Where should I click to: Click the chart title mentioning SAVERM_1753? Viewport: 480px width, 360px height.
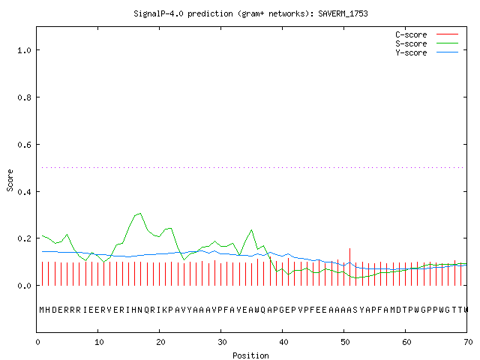tap(250, 13)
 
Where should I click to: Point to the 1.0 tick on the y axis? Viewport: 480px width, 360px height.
tap(24, 50)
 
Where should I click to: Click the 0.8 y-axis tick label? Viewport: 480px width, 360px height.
tap(24, 97)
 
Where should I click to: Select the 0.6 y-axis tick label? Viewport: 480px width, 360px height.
tap(24, 145)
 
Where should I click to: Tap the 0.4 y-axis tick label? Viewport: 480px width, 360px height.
tap(24, 192)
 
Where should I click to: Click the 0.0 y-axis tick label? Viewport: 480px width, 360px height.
tap(24, 286)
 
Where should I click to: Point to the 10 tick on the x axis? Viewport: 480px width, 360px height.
tap(98, 342)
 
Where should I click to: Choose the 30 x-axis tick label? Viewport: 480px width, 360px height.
tap(222, 342)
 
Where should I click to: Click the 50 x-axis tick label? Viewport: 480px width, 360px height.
tap(345, 342)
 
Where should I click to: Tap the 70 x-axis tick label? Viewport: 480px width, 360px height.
tap(468, 342)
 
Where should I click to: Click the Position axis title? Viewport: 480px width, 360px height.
tap(250, 355)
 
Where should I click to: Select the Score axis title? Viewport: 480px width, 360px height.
tap(10, 180)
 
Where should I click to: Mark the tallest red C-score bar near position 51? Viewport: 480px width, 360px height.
tap(350, 267)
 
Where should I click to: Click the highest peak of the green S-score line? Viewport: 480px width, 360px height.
tap(140, 213)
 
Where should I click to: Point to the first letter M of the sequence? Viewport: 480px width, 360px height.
tap(42, 310)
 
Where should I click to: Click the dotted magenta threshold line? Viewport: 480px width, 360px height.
tap(253, 167)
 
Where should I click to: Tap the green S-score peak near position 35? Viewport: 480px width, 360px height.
tap(252, 229)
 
